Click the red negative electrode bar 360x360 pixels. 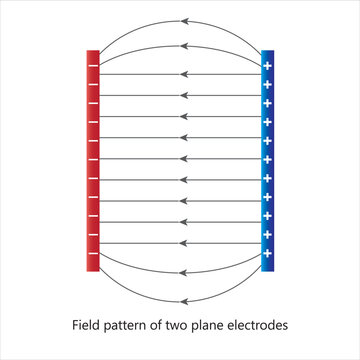point(92,160)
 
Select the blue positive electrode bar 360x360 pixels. point(267,160)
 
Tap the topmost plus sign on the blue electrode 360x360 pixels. point(267,68)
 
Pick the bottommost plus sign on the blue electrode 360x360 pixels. point(267,252)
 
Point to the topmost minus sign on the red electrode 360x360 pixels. point(92,68)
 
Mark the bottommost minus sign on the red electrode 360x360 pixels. point(92,252)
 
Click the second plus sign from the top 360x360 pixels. point(267,89)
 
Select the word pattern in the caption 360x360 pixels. point(133,325)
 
